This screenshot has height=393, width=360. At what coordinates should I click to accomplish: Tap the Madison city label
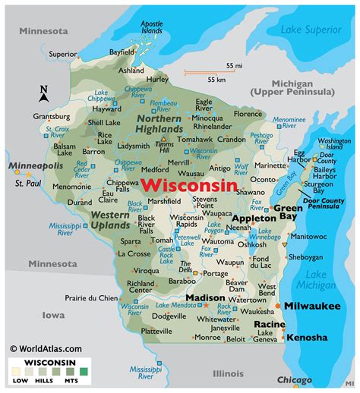tap(205, 298)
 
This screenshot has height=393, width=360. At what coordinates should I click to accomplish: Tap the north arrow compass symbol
tap(22, 93)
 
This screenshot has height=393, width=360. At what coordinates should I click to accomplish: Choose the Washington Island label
tap(334, 144)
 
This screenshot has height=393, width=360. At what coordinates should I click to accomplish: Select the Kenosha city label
tap(307, 337)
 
